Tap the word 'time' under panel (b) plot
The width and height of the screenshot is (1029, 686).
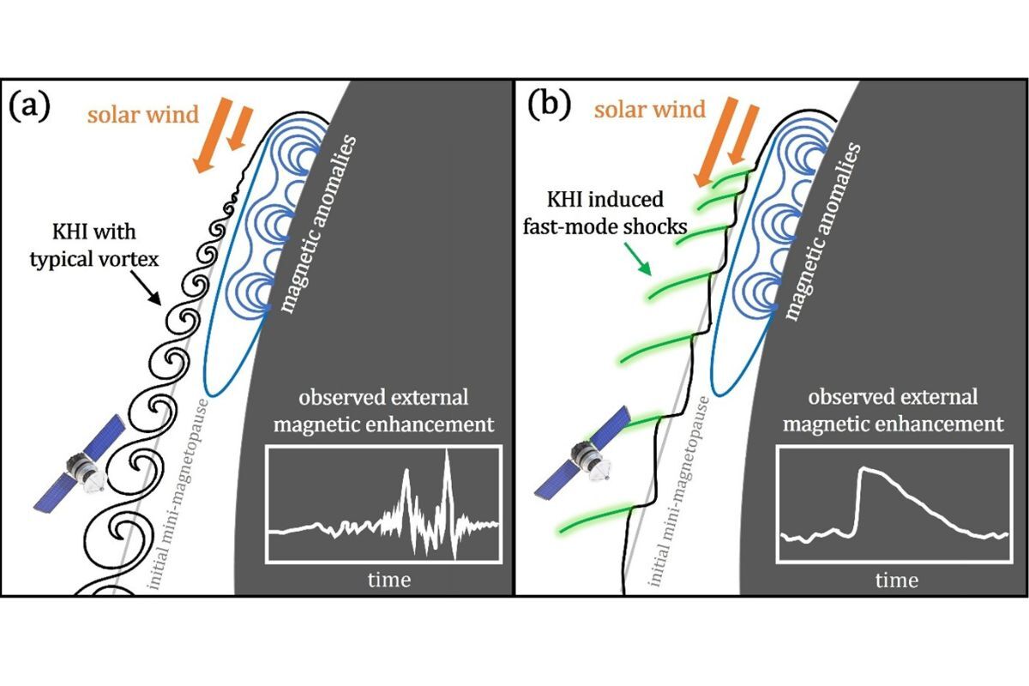[x=897, y=580]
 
